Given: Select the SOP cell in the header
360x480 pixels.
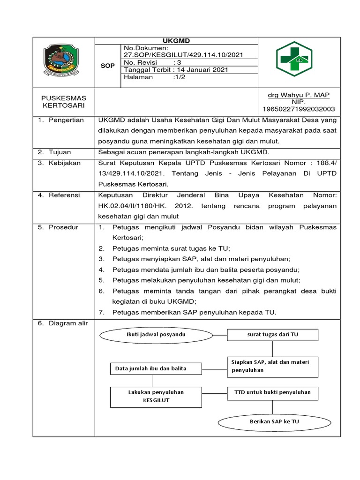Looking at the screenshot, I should pos(107,66).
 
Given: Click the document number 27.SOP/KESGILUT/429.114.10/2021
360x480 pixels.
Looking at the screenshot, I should pos(183,55).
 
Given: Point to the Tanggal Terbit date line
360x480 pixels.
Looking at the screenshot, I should pos(176,70).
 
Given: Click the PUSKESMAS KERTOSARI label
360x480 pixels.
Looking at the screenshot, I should pos(64,102).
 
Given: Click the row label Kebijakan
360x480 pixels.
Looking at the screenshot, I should pos(65,163).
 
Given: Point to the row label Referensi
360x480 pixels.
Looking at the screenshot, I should pos(65,195).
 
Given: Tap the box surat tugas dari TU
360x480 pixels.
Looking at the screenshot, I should pos(272,335).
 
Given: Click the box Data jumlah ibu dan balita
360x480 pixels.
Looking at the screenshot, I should pos(151,368).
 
